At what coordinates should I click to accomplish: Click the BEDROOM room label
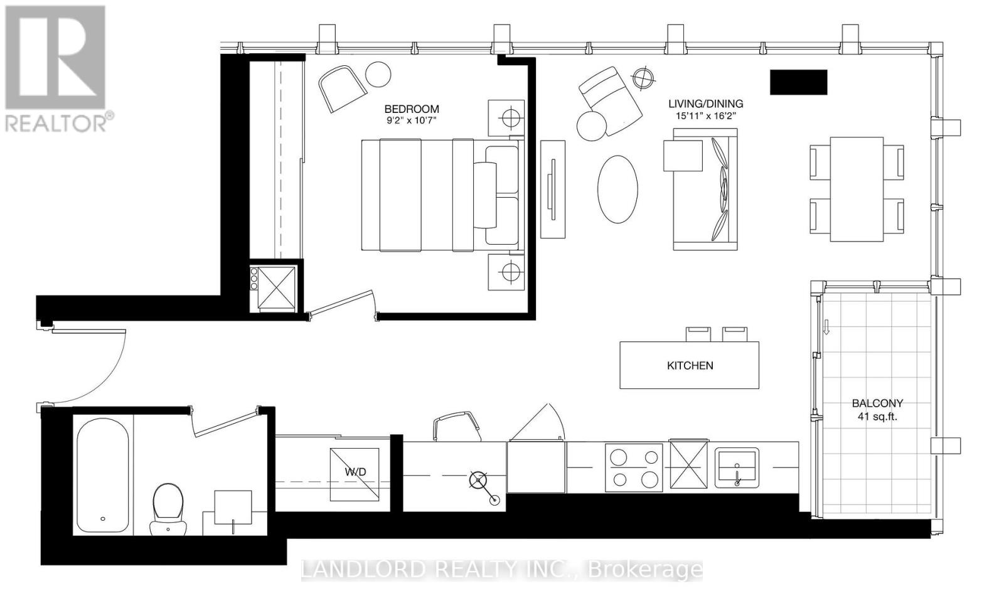[x=412, y=109]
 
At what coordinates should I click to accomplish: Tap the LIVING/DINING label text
[x=705, y=104]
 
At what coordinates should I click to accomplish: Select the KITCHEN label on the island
[x=690, y=365]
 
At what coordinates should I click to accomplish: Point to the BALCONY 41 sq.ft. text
[x=877, y=410]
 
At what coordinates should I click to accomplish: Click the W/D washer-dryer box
[x=355, y=474]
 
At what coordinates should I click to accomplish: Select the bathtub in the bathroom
[x=103, y=475]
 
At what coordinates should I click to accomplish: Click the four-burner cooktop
[x=634, y=467]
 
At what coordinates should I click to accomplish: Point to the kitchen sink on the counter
[x=737, y=467]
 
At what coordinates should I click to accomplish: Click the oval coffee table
[x=617, y=189]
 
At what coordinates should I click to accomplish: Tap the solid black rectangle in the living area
[x=798, y=83]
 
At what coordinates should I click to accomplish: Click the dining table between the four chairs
[x=857, y=189]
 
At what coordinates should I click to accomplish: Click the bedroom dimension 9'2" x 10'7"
[x=412, y=121]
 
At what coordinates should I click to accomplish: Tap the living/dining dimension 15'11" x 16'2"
[x=705, y=115]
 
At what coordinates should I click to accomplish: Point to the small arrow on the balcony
[x=826, y=327]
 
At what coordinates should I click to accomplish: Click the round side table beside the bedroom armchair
[x=378, y=74]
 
